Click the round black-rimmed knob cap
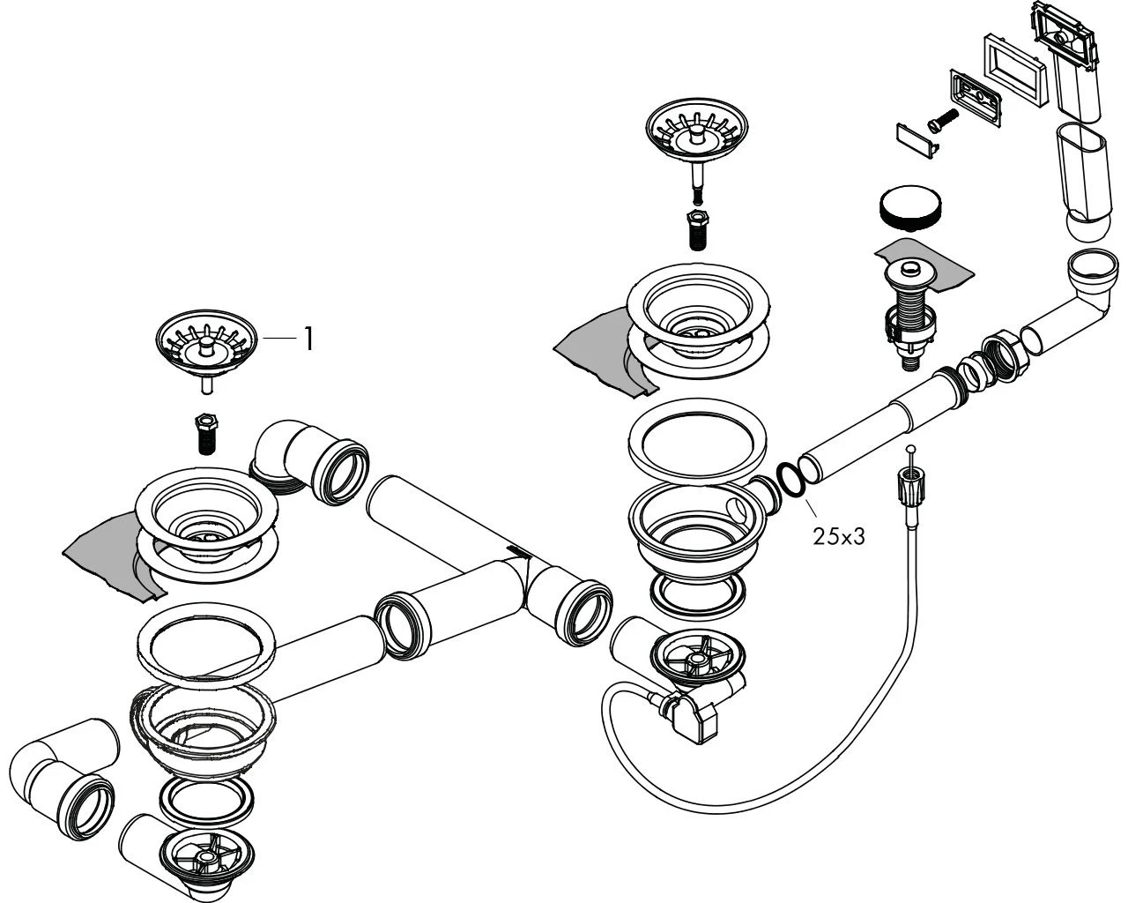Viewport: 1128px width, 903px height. (909, 206)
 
